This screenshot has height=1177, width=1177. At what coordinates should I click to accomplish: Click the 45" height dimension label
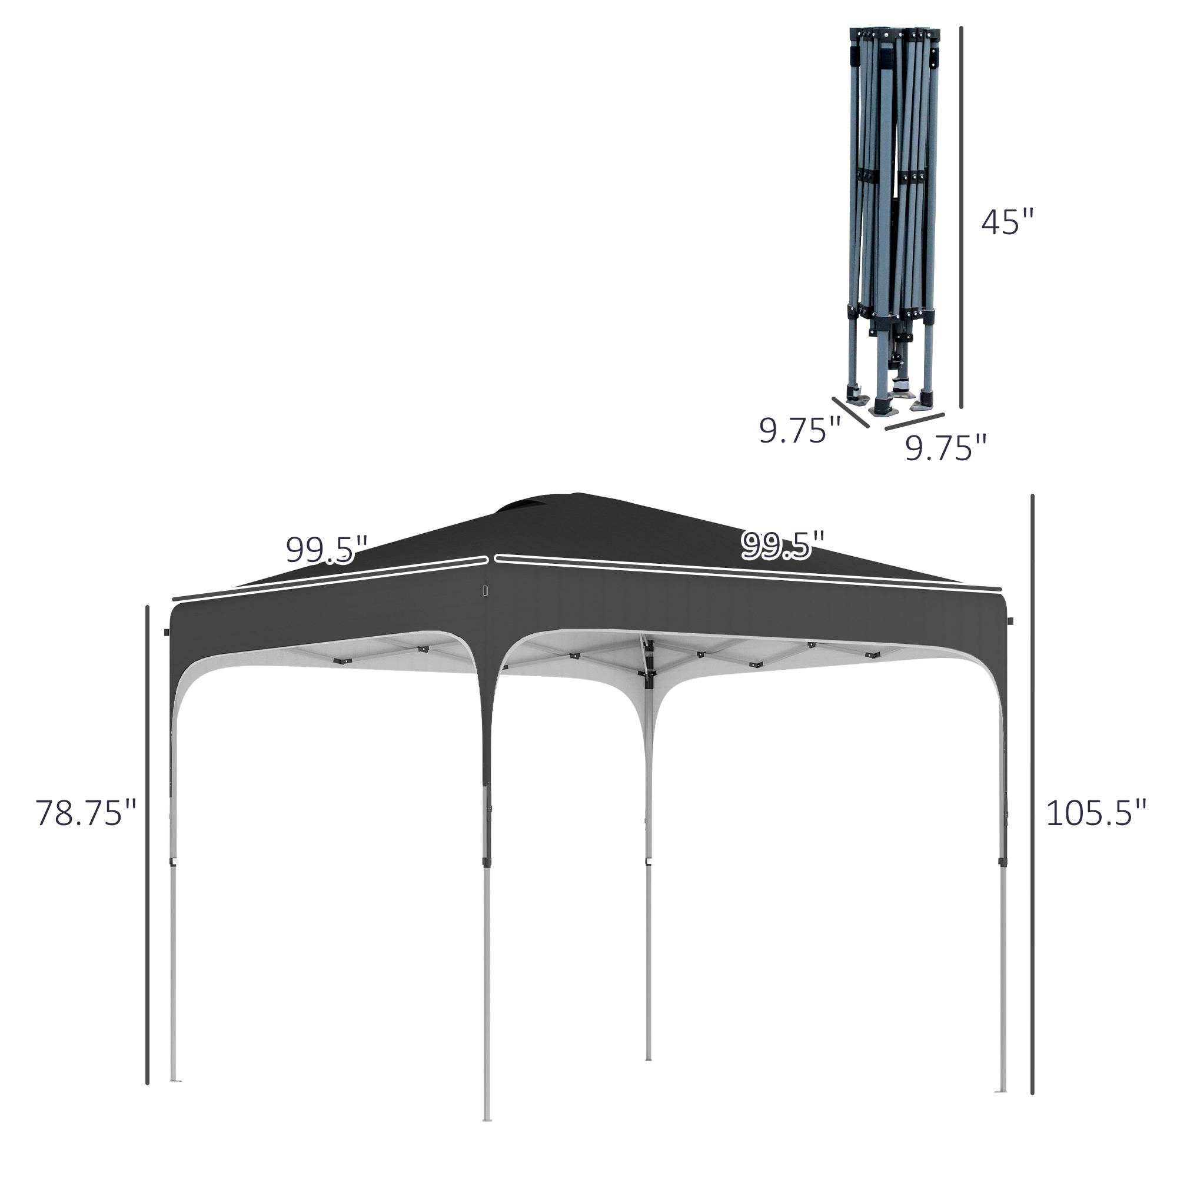point(1008,222)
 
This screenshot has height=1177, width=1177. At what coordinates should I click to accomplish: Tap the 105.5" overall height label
point(1096,814)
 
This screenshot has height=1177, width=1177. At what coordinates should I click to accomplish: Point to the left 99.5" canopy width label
point(327,550)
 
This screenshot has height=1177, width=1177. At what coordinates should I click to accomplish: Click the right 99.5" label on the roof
point(782,544)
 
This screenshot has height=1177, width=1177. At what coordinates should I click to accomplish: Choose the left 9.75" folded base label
point(799,431)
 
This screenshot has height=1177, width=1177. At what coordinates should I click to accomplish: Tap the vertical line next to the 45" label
point(962,217)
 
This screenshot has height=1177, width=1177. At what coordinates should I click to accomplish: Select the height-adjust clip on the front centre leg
point(487,862)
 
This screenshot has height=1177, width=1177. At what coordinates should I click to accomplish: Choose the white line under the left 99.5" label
point(329,577)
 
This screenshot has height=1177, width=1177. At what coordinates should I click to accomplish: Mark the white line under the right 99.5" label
point(748,573)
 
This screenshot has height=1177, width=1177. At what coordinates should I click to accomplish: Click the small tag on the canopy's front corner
point(486,591)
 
